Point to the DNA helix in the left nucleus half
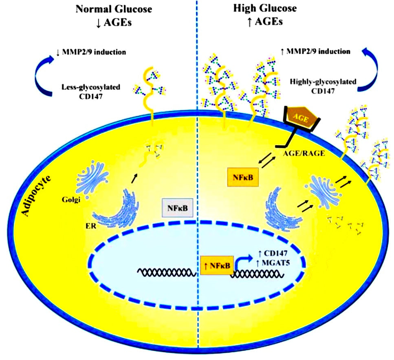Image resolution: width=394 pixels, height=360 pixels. (x=167, y=272)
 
